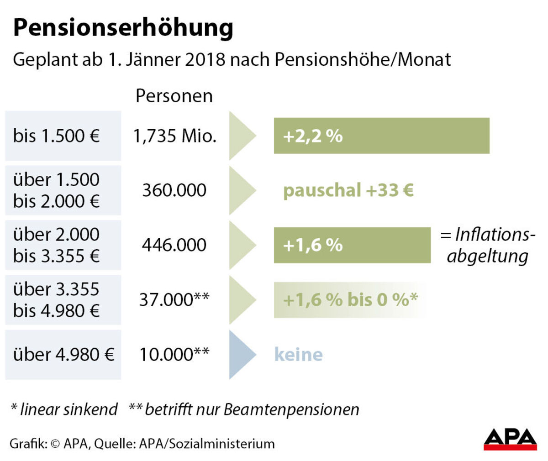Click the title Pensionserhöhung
click(123, 28)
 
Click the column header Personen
click(174, 96)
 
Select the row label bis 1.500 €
click(56, 136)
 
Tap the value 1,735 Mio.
click(174, 136)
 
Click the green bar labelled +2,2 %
click(381, 136)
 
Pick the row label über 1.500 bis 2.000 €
click(56, 190)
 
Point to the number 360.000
click(174, 190)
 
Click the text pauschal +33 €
click(348, 190)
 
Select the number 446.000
click(174, 245)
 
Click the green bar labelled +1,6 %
click(352, 245)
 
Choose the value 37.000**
click(174, 300)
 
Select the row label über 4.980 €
click(63, 355)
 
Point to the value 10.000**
click(174, 355)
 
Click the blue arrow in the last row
click(241, 355)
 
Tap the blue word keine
click(298, 355)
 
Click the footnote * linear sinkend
click(64, 409)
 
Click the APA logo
click(510, 439)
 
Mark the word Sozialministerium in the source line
click(222, 444)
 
